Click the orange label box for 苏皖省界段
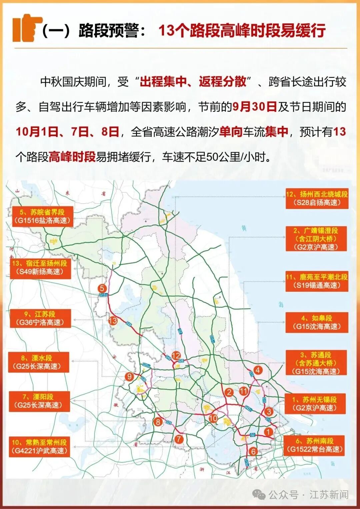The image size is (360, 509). (42, 217)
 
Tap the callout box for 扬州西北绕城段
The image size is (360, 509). (317, 199)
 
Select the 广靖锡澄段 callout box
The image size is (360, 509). (316, 239)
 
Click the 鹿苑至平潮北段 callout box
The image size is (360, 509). (317, 281)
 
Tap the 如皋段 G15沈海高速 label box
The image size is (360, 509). (317, 322)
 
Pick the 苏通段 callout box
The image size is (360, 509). (316, 363)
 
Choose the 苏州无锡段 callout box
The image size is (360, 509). (315, 404)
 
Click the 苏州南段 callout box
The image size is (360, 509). (315, 445)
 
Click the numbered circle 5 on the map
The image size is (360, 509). (102, 288)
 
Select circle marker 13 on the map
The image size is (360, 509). (113, 320)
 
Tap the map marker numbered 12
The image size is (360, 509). (176, 355)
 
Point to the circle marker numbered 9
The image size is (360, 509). (129, 376)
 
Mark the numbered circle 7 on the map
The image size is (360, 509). (179, 439)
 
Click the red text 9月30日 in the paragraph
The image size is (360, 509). (255, 107)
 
